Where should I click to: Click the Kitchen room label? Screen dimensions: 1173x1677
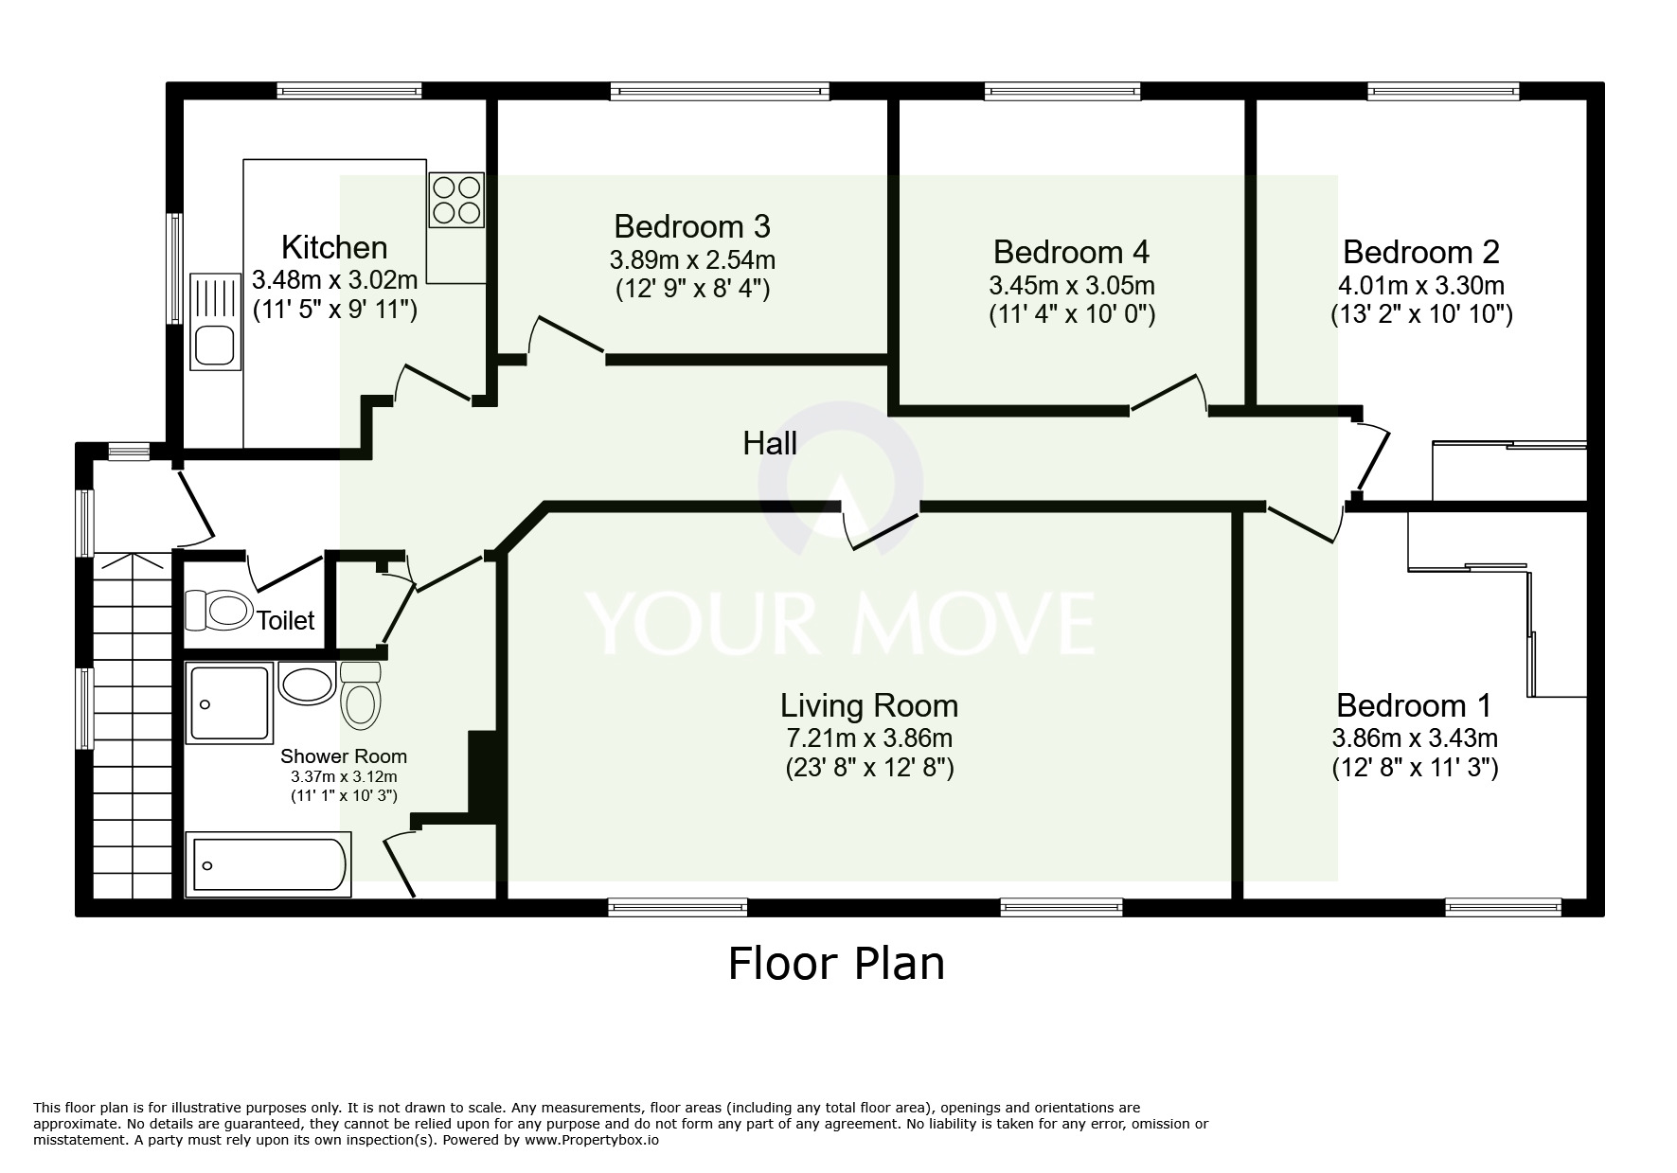point(334,248)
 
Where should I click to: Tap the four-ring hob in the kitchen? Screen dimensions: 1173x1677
point(456,200)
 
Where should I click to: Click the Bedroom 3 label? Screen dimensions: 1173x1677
point(691,227)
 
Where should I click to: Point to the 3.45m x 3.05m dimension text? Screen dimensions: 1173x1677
point(1071,285)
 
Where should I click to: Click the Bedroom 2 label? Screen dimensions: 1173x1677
point(1420,253)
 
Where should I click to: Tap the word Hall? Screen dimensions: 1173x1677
point(769,443)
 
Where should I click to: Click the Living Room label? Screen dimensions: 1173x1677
point(868,706)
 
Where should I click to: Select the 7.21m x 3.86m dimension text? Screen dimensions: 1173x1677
point(868,738)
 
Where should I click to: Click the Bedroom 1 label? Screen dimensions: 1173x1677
point(1413,706)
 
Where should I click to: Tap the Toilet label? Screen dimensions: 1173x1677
point(286,621)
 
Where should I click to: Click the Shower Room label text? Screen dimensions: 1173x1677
point(343,756)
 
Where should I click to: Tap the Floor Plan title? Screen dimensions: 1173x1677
point(836,964)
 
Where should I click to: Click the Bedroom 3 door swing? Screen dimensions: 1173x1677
point(565,336)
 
